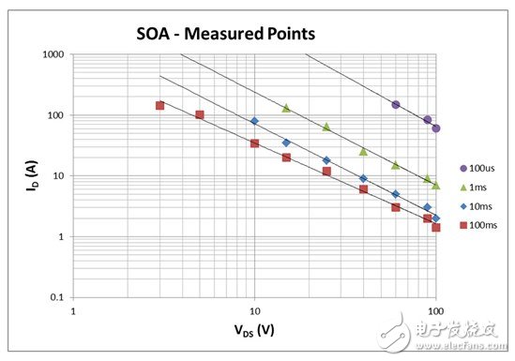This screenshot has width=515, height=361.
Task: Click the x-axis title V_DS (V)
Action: (254, 332)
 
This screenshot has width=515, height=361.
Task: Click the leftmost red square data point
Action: (159, 105)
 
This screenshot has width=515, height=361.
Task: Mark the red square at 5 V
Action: (200, 114)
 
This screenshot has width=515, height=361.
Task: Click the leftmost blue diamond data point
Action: (254, 121)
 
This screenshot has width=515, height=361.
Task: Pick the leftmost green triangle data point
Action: (286, 108)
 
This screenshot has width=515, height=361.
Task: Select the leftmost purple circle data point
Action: (396, 104)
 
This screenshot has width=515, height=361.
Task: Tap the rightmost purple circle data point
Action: (436, 128)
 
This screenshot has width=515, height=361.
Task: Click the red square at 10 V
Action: (254, 143)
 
